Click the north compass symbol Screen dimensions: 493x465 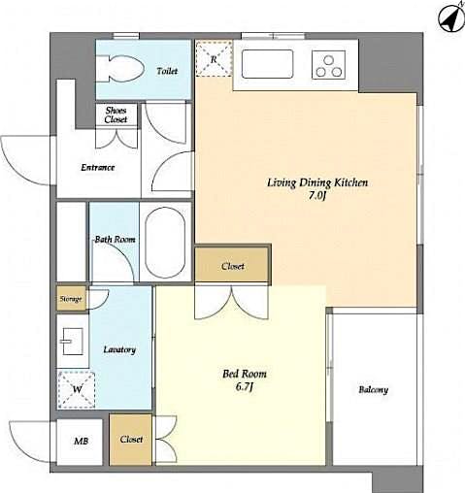(448, 16)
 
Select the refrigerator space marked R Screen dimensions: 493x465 (214, 59)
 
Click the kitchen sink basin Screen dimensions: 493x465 (268, 66)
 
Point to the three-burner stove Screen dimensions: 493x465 (327, 66)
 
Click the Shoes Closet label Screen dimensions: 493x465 (116, 115)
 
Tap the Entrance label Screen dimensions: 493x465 (97, 167)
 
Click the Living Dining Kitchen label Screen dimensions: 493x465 (316, 182)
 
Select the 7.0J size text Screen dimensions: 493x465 (316, 197)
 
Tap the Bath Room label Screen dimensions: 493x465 (114, 239)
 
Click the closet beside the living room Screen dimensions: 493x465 (232, 266)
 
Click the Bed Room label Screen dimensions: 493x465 (244, 373)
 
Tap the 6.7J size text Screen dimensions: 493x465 (244, 388)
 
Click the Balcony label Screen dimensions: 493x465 (373, 390)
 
